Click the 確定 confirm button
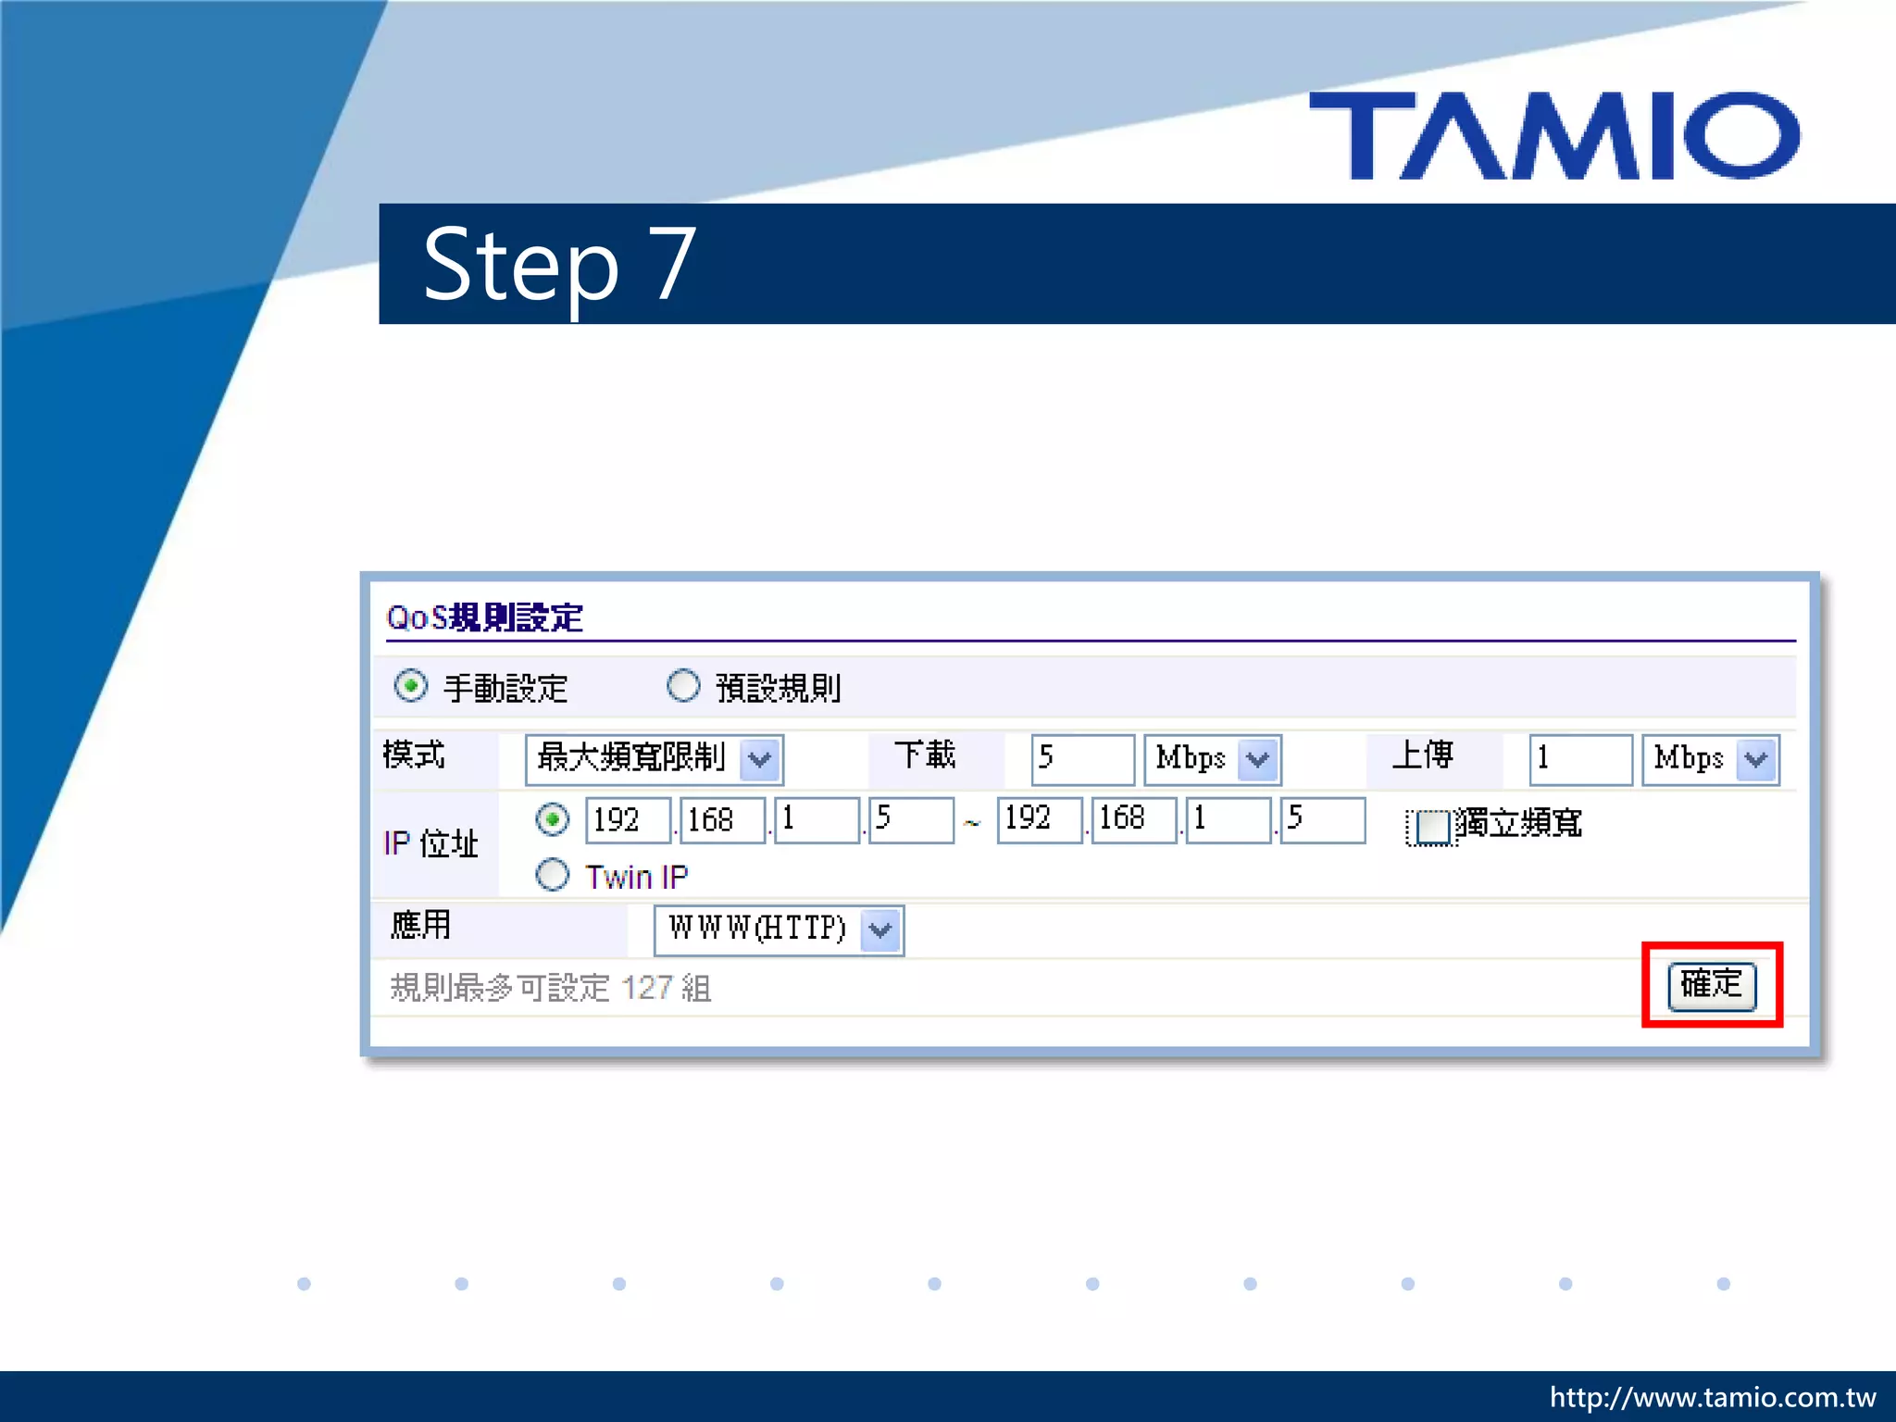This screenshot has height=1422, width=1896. pyautogui.click(x=1711, y=984)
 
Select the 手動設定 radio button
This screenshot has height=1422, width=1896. pyautogui.click(x=411, y=686)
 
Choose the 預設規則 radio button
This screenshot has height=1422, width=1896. pyautogui.click(x=683, y=686)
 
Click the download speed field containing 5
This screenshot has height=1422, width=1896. pyautogui.click(x=1081, y=758)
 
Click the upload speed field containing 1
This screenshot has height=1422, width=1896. pyautogui.click(x=1579, y=758)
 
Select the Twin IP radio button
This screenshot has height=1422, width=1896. pyautogui.click(x=553, y=875)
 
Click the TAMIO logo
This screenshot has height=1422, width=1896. pyautogui.click(x=1553, y=135)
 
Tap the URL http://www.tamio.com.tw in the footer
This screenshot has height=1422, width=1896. pyautogui.click(x=1713, y=1396)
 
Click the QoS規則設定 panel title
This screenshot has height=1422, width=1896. pyautogui.click(x=485, y=617)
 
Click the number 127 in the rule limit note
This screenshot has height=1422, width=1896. pyautogui.click(x=646, y=988)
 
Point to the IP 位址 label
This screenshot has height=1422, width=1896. pyautogui.click(x=430, y=843)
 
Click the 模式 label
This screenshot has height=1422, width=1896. pyautogui.click(x=414, y=755)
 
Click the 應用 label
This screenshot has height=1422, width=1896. pyautogui.click(x=421, y=925)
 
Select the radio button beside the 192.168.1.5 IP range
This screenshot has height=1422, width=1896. pyautogui.click(x=553, y=819)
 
